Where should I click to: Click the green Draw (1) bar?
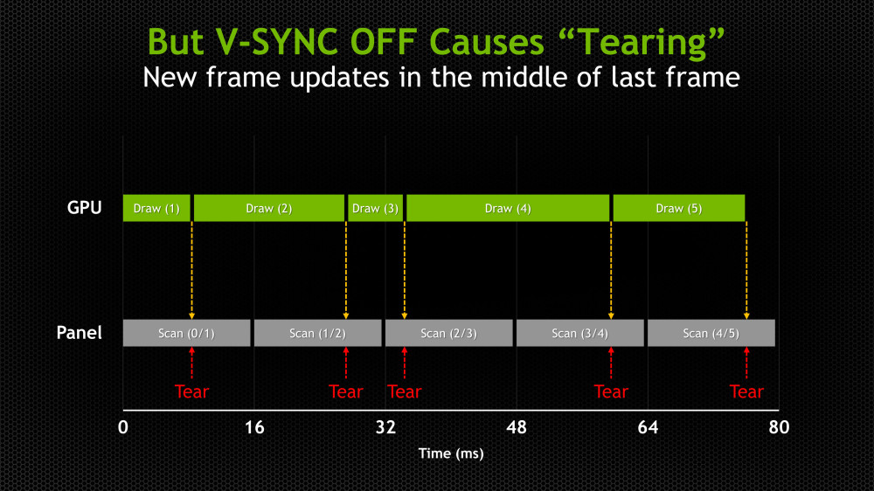[x=156, y=209]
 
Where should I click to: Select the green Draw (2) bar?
[x=269, y=209]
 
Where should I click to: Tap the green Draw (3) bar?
[x=375, y=209]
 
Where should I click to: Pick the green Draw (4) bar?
[x=508, y=209]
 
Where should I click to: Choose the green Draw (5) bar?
[x=678, y=209]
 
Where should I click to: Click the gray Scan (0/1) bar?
[x=187, y=333]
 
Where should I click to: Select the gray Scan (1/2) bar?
[x=318, y=333]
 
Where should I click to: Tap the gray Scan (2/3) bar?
[x=449, y=333]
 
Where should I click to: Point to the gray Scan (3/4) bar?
[x=580, y=333]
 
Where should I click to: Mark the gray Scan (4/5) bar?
[x=711, y=333]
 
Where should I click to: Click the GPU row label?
[x=85, y=208]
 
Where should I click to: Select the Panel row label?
[x=80, y=333]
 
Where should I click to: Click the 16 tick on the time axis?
[x=254, y=427]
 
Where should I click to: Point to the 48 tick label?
[x=517, y=427]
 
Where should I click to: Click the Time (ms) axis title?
[x=450, y=453]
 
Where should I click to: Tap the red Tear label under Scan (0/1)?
[x=191, y=391]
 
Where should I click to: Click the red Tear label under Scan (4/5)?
[x=746, y=391]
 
